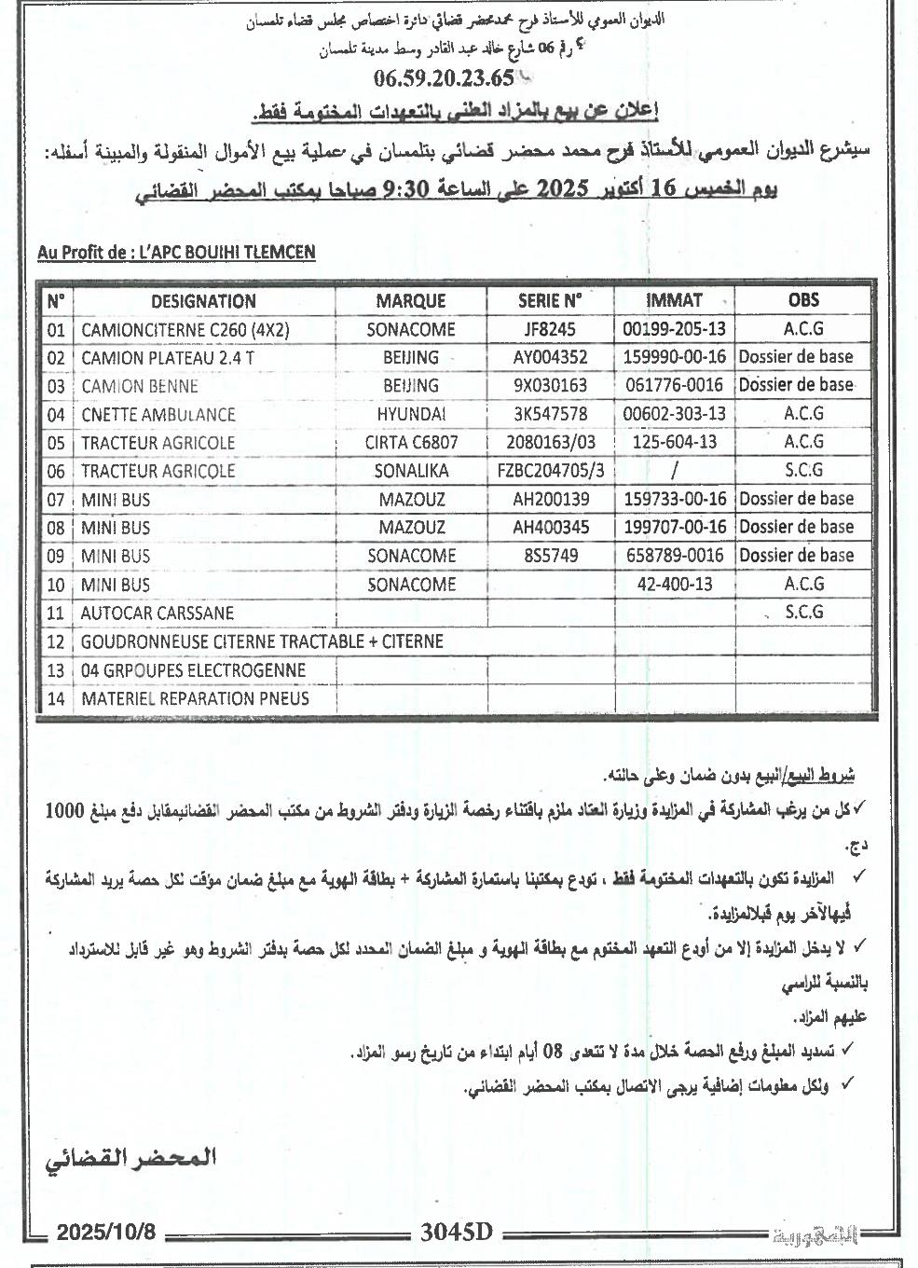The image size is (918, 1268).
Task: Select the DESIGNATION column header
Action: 203,301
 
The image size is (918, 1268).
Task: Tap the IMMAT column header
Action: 674,300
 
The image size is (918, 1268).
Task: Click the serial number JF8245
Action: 550,329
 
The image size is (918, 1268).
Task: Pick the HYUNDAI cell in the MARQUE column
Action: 411,414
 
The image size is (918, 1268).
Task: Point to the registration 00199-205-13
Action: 675,329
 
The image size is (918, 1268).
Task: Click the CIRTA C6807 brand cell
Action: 411,443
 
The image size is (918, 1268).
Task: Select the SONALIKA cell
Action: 411,471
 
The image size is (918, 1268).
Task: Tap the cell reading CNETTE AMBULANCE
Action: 158,414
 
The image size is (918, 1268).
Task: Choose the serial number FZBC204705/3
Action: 550,471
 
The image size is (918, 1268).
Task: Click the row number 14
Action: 56,698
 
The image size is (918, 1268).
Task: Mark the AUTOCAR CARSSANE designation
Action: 158,613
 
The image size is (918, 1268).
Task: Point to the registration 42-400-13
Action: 675,585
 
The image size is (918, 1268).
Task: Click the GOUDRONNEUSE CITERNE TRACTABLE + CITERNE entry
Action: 262,641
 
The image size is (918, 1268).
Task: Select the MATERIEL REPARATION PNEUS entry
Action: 195,698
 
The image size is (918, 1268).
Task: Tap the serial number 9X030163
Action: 550,386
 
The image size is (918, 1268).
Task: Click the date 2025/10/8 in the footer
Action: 105,1232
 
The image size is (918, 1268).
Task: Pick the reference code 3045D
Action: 455,1232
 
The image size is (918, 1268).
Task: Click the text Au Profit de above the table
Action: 81,252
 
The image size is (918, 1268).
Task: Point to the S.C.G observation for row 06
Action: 804,471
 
